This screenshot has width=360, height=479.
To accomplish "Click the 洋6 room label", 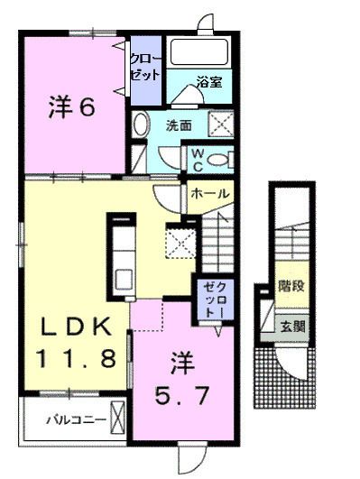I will coord(71,109).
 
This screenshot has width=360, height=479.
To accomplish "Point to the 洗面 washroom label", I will coord(179,125).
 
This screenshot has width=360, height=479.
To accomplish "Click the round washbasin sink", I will coord(142,124).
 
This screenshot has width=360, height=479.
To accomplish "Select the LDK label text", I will coord(75,325).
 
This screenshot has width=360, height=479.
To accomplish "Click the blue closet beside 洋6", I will coord(145,66).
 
